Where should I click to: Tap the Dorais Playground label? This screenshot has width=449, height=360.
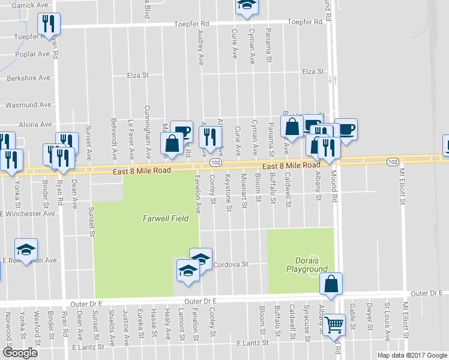(312, 265)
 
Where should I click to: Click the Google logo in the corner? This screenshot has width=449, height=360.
(20, 352)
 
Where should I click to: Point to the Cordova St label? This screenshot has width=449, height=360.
(231, 264)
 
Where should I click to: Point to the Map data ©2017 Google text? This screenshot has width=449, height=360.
(412, 355)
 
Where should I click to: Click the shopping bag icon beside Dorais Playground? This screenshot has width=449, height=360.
(331, 284)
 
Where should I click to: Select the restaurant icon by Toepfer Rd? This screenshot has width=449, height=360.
(47, 24)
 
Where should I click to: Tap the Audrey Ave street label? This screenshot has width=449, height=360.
(200, 47)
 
